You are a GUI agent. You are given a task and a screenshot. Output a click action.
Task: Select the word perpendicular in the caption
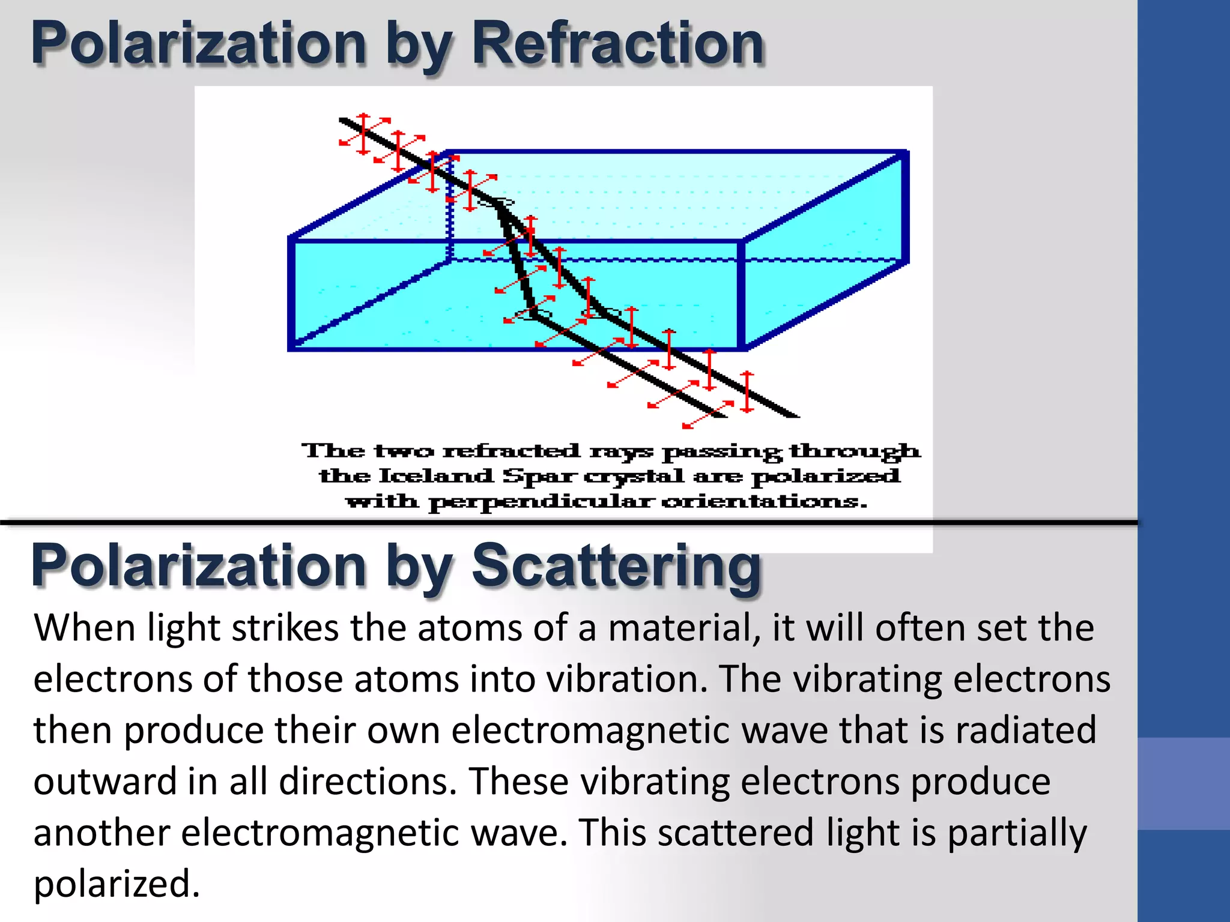[539, 501]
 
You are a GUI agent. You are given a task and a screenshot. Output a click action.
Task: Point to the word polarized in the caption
[826, 477]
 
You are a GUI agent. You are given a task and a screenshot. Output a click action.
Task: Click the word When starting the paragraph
[85, 628]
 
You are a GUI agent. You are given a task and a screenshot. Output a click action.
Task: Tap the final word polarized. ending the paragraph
[117, 884]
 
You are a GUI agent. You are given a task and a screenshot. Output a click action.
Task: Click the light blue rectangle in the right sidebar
[1183, 783]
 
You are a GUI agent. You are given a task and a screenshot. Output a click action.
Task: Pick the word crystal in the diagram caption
[634, 477]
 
